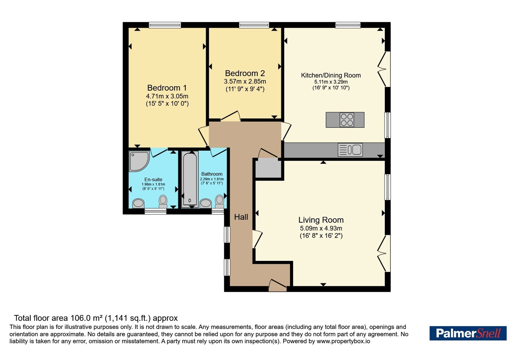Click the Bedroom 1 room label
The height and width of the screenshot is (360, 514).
click(x=167, y=88)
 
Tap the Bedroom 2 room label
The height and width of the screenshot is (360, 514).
click(x=245, y=73)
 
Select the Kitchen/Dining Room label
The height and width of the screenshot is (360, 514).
click(x=331, y=75)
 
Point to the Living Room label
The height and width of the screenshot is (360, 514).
click(x=321, y=220)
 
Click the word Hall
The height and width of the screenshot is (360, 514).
click(x=241, y=217)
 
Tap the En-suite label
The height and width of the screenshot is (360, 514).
click(x=153, y=180)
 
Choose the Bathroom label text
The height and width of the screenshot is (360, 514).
click(x=212, y=174)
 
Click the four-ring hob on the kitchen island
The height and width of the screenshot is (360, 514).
click(x=347, y=120)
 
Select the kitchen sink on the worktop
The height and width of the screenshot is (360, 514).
click(x=350, y=150)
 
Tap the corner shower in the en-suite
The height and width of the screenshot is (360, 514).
click(x=139, y=161)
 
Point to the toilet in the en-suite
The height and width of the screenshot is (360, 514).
click(x=163, y=201)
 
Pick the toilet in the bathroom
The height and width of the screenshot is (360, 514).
click(x=220, y=201)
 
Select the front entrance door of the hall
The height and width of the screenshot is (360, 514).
click(x=278, y=285)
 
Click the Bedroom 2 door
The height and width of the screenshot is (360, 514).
click(x=231, y=116)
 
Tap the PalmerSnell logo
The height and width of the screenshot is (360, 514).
click(x=468, y=333)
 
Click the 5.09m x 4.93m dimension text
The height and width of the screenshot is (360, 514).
click(x=321, y=228)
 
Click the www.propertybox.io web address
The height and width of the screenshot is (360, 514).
click(x=343, y=341)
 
